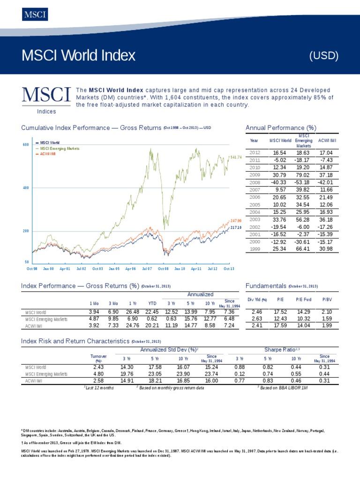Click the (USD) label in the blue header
coord(324,56)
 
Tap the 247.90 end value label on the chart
coord(236,220)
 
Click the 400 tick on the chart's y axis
coord(26,187)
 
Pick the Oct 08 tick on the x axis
coord(163,269)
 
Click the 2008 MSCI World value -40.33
coord(278,182)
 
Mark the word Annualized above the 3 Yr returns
coord(201,294)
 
